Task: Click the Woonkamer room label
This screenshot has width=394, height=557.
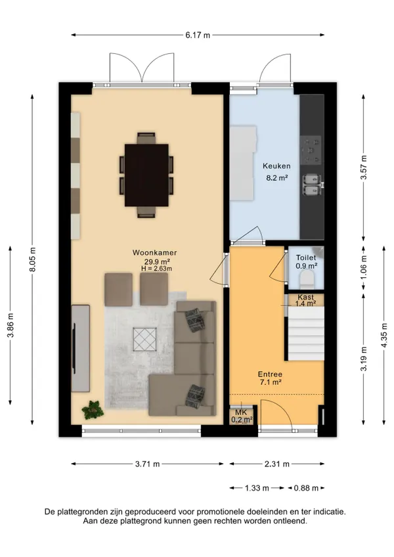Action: (x=154, y=253)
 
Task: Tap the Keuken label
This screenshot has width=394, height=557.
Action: (x=276, y=166)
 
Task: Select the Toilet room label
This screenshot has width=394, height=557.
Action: (x=306, y=257)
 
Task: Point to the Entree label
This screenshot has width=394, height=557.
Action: (x=270, y=374)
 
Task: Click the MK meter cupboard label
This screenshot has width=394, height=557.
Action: (x=241, y=412)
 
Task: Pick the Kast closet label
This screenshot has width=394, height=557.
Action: (x=306, y=297)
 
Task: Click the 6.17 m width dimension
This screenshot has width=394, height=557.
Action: (x=198, y=35)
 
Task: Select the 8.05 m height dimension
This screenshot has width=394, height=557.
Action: (x=32, y=259)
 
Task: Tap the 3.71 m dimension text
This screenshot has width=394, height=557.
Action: (x=148, y=464)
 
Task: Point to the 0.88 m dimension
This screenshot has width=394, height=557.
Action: (x=306, y=488)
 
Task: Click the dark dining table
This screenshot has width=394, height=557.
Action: (x=146, y=175)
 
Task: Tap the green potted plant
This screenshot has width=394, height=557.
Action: (x=93, y=410)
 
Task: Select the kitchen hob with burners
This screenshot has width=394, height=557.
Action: (x=311, y=150)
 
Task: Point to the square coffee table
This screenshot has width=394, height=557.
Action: (x=144, y=339)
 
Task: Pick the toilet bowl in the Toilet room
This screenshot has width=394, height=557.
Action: (x=307, y=278)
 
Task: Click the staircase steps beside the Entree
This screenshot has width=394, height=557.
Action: (x=306, y=334)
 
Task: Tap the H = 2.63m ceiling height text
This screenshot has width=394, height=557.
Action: (x=156, y=269)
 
